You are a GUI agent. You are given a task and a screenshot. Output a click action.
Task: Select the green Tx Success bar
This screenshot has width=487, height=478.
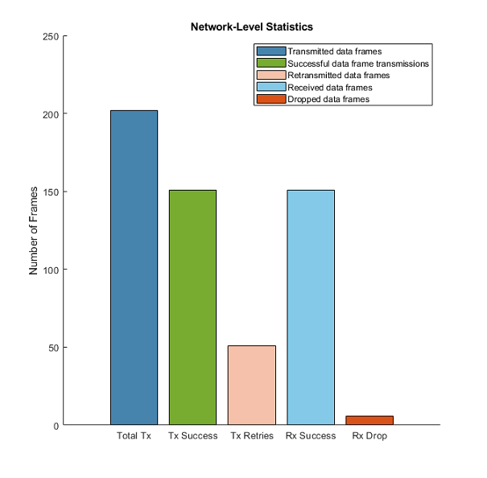[x=192, y=307]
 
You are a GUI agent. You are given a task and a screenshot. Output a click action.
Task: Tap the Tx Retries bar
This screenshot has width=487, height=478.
[x=252, y=385]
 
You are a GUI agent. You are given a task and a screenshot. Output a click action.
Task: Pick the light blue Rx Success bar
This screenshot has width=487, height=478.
[x=311, y=307]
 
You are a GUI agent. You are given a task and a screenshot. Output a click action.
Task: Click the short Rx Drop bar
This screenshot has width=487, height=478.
[x=369, y=420]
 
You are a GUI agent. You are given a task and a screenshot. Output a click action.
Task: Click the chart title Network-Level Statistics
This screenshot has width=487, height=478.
[x=251, y=27]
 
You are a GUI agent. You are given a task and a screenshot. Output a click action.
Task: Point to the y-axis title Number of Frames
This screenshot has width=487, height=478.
[x=34, y=230]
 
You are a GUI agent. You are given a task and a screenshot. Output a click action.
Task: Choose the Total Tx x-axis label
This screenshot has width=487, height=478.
[x=134, y=437]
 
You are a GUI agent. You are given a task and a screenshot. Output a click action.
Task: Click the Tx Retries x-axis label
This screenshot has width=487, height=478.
[x=252, y=437]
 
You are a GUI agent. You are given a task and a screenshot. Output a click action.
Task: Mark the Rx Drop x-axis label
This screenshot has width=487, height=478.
[x=369, y=437]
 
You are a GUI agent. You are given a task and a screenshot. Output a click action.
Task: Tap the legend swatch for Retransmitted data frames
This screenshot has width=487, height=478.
[x=271, y=75]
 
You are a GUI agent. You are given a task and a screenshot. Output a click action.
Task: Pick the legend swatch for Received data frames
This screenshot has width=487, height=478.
[x=271, y=87]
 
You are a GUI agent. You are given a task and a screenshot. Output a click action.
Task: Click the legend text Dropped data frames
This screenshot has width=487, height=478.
[x=328, y=99]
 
